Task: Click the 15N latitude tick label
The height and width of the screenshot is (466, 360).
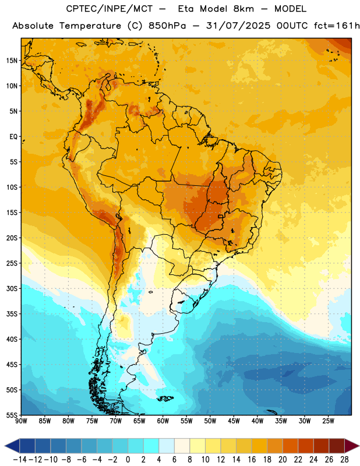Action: pyautogui.click(x=12, y=61)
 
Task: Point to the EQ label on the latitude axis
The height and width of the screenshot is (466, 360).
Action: pyautogui.click(x=13, y=137)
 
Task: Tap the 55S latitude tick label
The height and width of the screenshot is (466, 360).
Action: pyautogui.click(x=12, y=415)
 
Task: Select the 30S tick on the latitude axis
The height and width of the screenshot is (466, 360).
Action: pyautogui.click(x=12, y=288)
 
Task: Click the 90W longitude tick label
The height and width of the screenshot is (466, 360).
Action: pyautogui.click(x=21, y=421)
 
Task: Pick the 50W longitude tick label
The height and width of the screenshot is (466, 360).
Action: pyautogui.click(x=210, y=421)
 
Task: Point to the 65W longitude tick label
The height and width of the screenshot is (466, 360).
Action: pyautogui.click(x=139, y=421)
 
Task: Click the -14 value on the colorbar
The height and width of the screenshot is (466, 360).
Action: pyautogui.click(x=20, y=460)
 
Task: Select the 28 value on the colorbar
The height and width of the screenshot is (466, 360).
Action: pyautogui.click(x=344, y=460)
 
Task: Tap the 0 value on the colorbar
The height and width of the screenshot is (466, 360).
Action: pyautogui.click(x=128, y=460)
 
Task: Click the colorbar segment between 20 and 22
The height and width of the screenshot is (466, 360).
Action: pyautogui.click(x=291, y=446)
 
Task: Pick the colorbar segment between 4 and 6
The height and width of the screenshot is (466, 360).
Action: pyautogui.click(x=167, y=446)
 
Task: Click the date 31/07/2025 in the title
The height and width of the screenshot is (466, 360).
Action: pyautogui.click(x=238, y=26)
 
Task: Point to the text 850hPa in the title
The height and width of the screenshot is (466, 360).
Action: pyautogui.click(x=167, y=26)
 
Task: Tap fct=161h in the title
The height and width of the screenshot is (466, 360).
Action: pyautogui.click(x=337, y=26)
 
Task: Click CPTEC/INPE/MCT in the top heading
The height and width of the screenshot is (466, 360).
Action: pyautogui.click(x=110, y=9)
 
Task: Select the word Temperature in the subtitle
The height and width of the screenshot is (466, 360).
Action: pyautogui.click(x=90, y=26)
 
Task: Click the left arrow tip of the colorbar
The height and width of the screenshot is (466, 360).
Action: pyautogui.click(x=5, y=446)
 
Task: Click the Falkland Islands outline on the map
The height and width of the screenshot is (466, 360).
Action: pyautogui.click(x=165, y=398)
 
